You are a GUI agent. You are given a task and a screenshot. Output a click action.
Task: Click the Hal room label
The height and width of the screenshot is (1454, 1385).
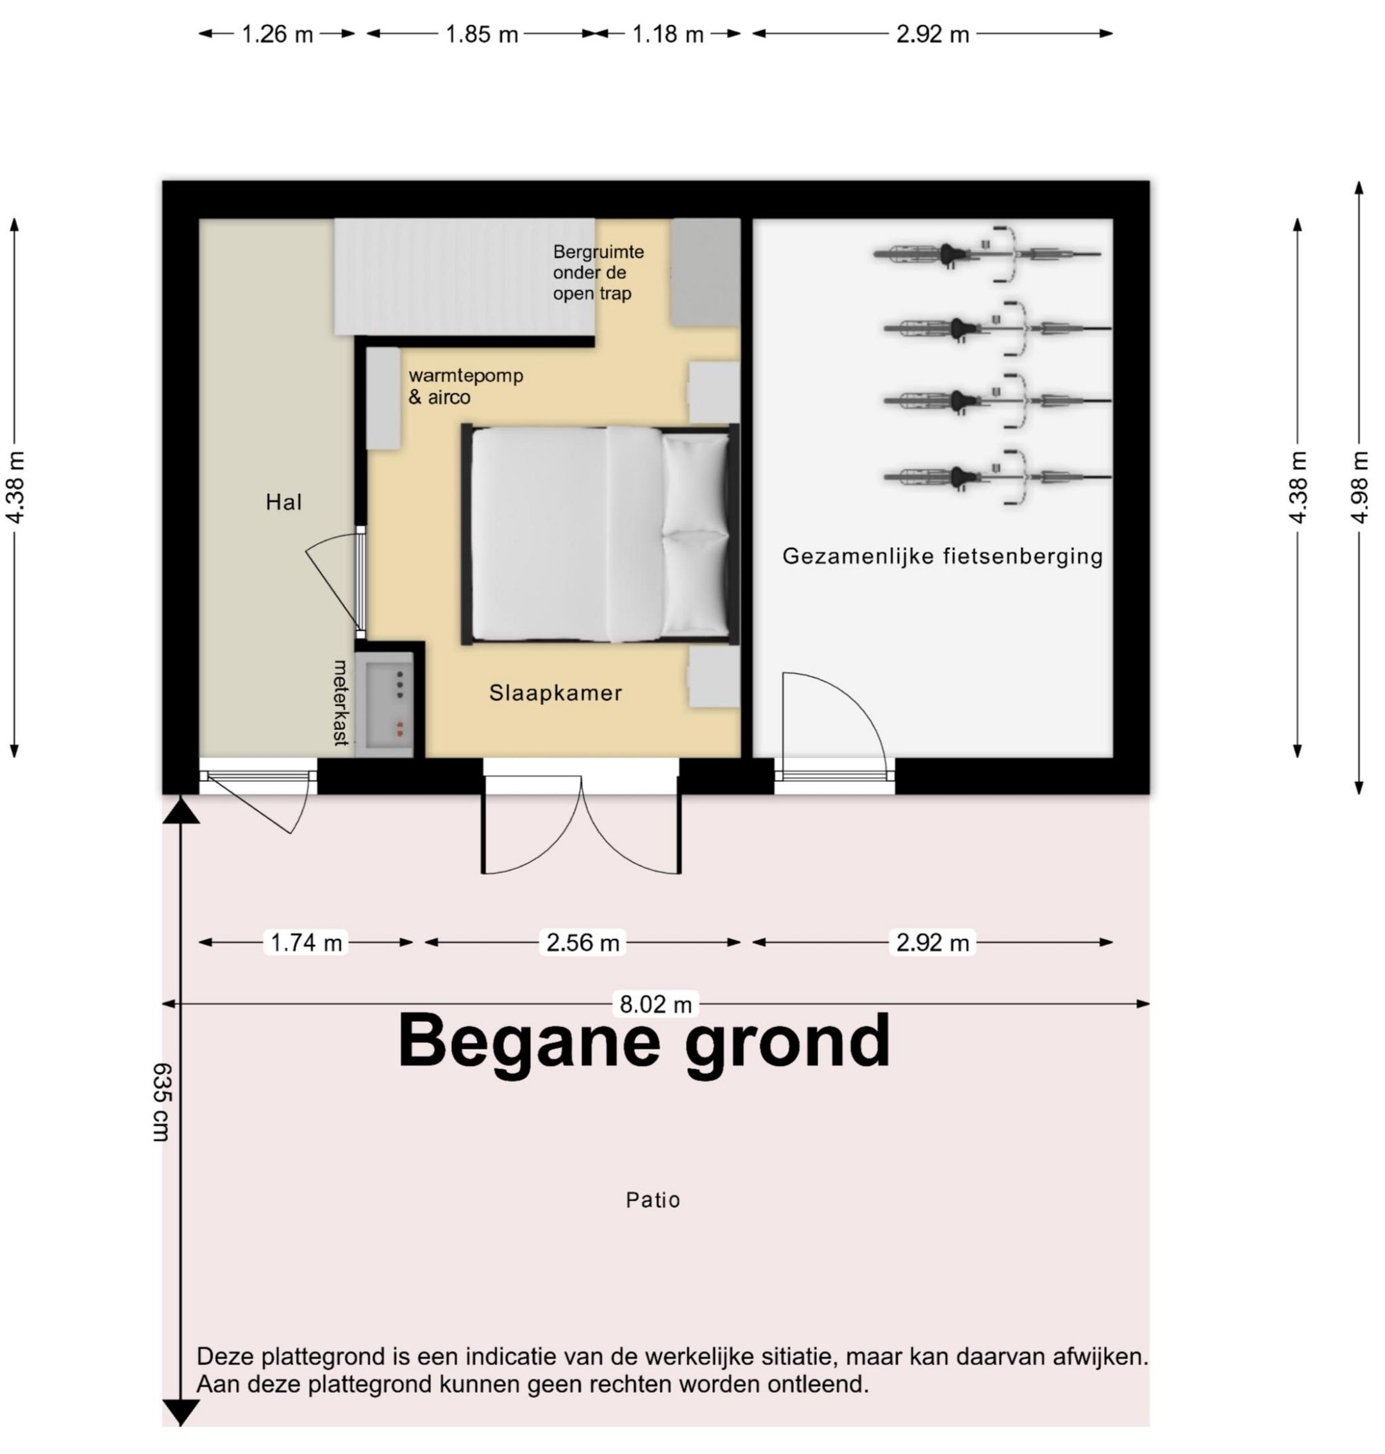click(x=283, y=503)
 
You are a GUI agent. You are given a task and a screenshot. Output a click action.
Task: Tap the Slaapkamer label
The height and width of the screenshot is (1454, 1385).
click(x=555, y=693)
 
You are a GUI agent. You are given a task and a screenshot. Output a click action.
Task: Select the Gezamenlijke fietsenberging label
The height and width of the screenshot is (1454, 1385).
click(x=942, y=557)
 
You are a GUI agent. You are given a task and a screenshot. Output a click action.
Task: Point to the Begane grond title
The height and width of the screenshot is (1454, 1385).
click(x=643, y=1041)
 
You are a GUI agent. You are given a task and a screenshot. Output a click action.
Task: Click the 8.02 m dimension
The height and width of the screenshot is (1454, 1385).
click(x=655, y=1005)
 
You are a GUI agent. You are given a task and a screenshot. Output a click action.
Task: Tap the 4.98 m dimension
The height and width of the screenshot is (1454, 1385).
click(x=1359, y=487)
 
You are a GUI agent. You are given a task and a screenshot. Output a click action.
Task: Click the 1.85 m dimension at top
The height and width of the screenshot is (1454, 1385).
click(x=482, y=35)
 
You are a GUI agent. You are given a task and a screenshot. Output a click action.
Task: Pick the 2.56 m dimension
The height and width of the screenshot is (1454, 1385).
click(x=582, y=943)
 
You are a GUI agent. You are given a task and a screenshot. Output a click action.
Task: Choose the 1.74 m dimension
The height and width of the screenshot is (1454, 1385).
click(x=306, y=943)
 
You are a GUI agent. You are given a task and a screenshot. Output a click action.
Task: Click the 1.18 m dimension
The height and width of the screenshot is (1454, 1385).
click(x=667, y=35)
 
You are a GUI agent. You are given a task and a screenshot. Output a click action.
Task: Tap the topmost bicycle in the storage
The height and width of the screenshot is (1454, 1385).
click(x=987, y=254)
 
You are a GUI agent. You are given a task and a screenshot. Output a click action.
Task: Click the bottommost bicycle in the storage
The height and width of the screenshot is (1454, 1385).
click(x=996, y=477)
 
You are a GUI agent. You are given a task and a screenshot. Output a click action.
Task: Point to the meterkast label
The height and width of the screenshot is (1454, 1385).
click(x=340, y=702)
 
